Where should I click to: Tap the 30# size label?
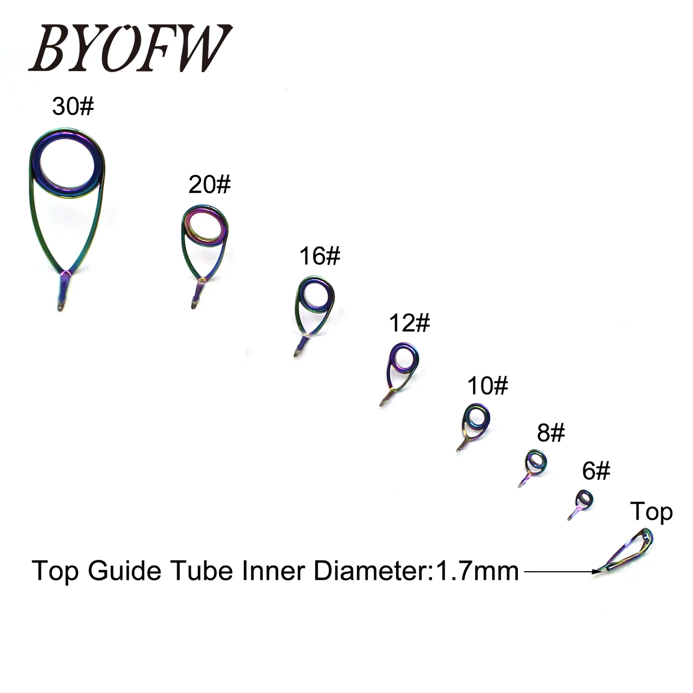tap(73, 107)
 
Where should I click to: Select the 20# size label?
tap(209, 185)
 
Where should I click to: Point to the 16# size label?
tap(319, 256)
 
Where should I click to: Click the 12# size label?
tap(409, 323)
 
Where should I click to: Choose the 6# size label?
tap(595, 471)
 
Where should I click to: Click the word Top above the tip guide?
tap(651, 512)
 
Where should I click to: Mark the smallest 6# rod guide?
tap(583, 500)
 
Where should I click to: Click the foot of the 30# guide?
tap(63, 291)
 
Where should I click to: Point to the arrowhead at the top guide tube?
tap(597, 571)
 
